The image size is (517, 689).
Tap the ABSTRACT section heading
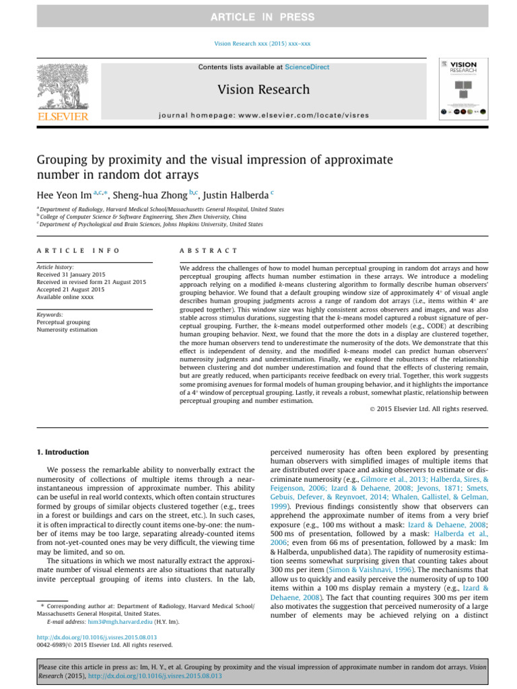(x=208, y=250)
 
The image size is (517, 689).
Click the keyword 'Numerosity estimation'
(x=67, y=330)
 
